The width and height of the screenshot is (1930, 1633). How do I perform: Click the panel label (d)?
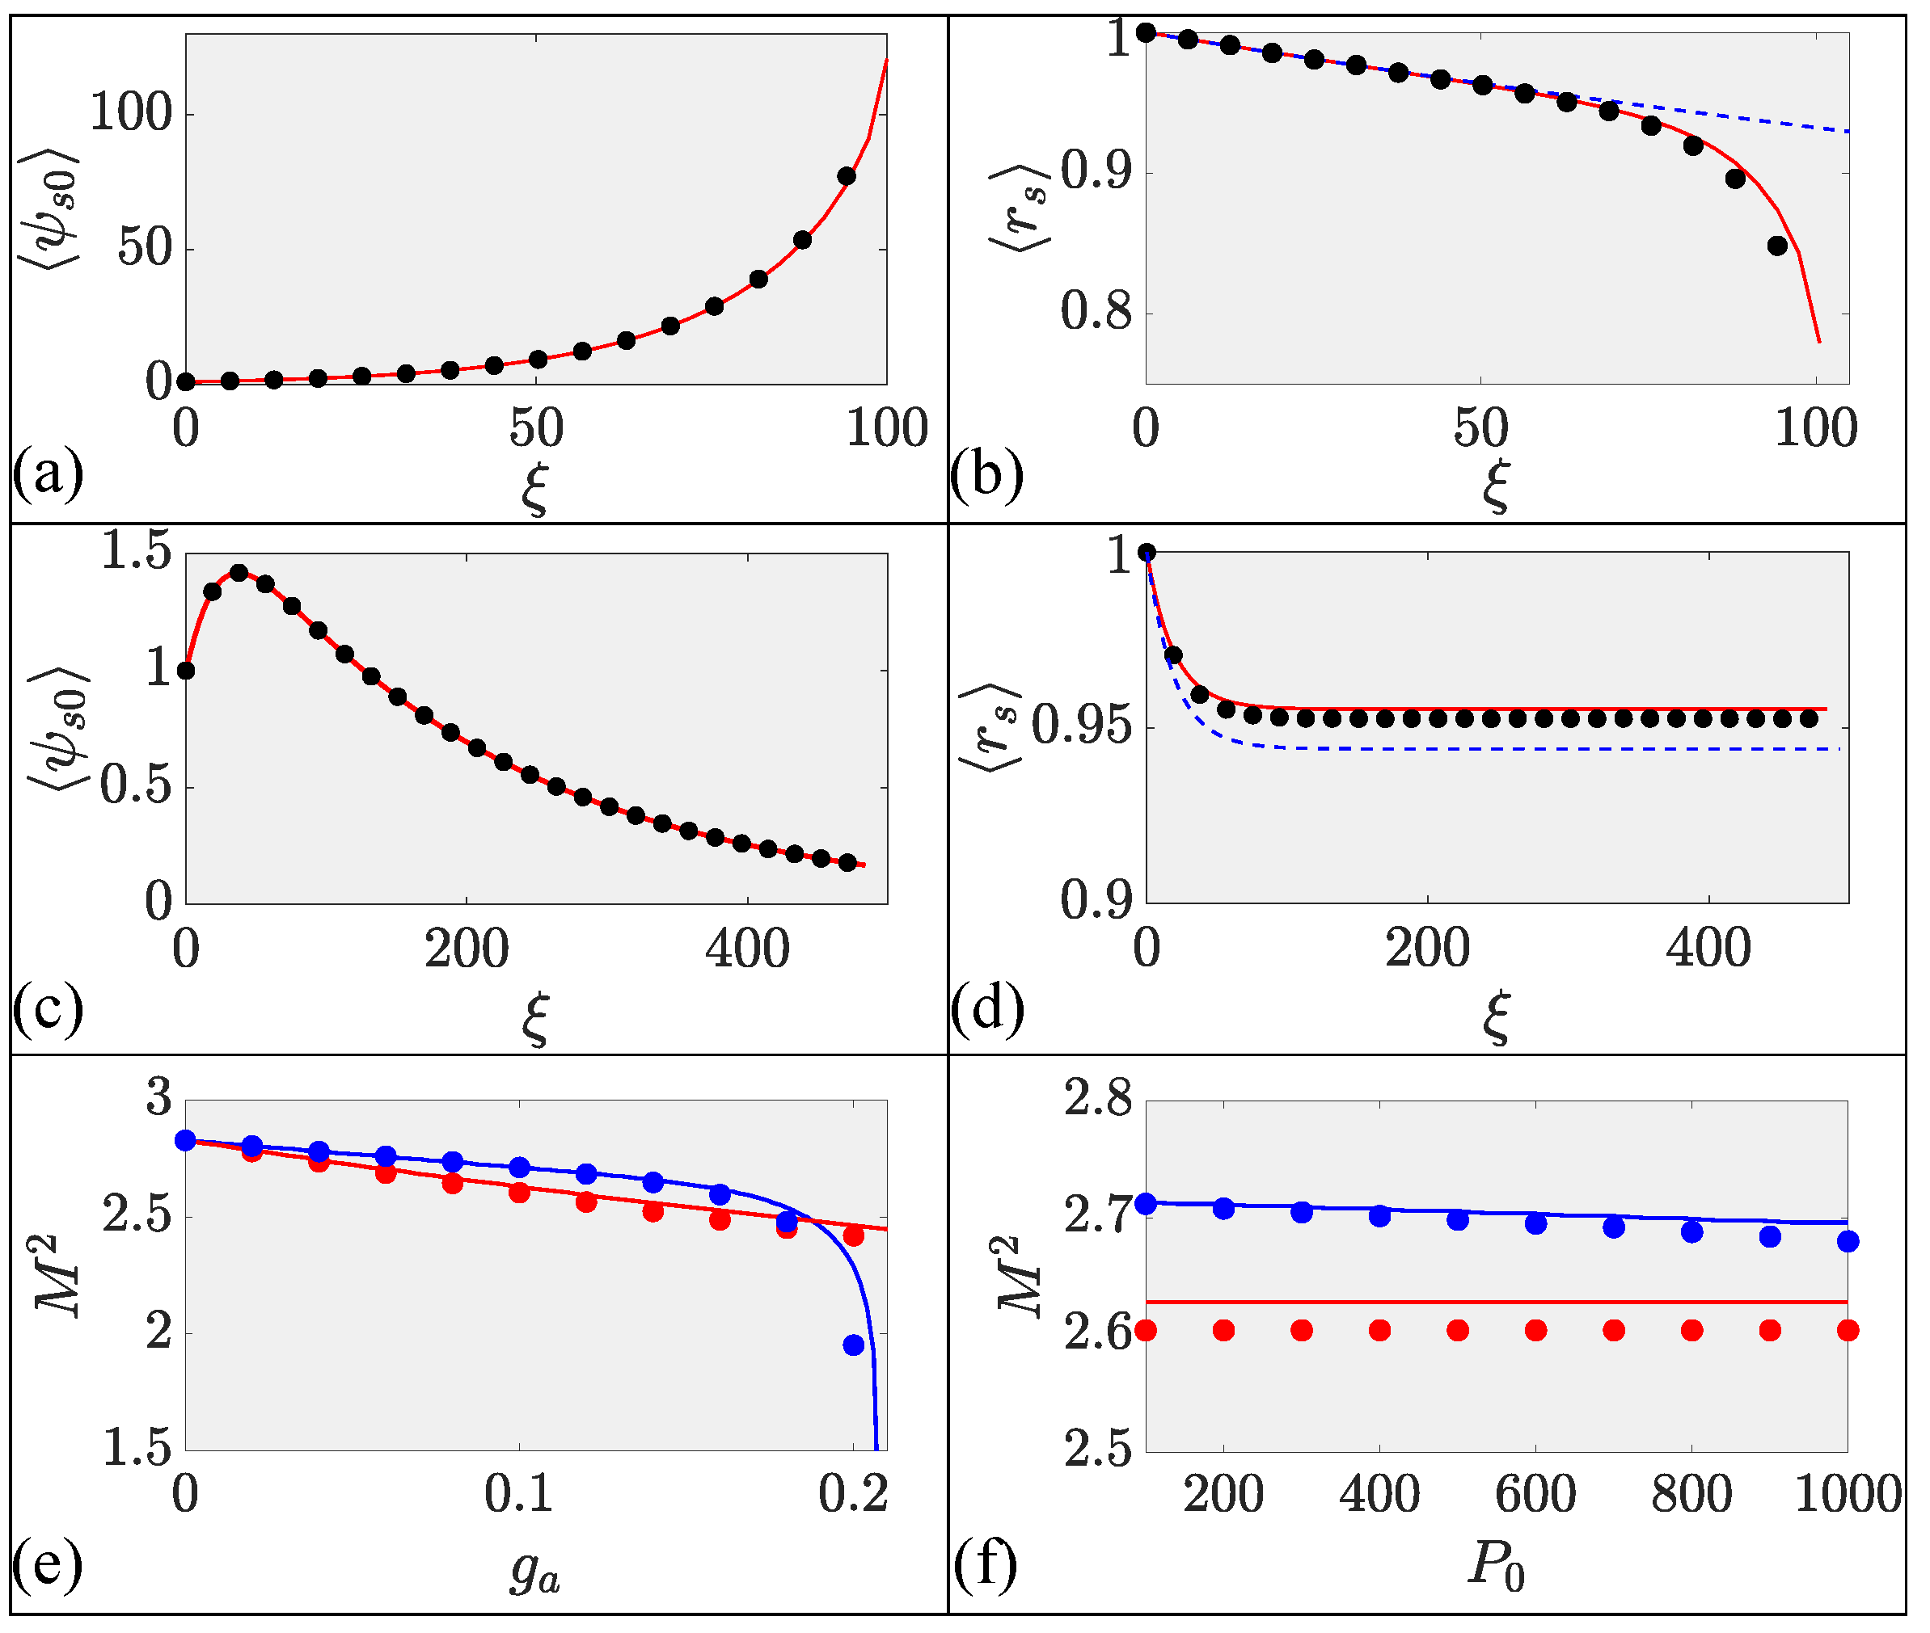pyautogui.click(x=987, y=1008)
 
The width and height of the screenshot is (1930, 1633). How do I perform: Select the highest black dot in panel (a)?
pyautogui.click(x=846, y=176)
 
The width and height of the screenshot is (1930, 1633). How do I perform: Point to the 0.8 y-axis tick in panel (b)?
pyautogui.click(x=1096, y=312)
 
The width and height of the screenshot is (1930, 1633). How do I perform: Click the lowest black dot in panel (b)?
pyautogui.click(x=1776, y=246)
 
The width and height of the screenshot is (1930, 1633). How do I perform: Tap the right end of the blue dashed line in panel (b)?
pyautogui.click(x=1848, y=132)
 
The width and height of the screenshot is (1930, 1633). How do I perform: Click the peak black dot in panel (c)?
pyautogui.click(x=239, y=573)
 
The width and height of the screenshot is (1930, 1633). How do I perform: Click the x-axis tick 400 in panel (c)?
pyautogui.click(x=746, y=949)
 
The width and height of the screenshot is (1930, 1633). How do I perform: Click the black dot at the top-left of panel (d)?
pyautogui.click(x=1147, y=553)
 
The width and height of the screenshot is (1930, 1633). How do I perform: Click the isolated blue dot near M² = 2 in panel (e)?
pyautogui.click(x=853, y=1345)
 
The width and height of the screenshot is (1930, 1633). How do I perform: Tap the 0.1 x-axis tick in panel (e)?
pyautogui.click(x=518, y=1494)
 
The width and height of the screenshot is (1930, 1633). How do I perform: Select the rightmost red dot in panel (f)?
pyautogui.click(x=1847, y=1330)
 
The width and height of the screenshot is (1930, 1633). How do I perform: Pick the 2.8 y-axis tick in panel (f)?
pyautogui.click(x=1097, y=1100)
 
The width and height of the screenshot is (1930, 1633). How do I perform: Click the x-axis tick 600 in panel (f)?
pyautogui.click(x=1535, y=1494)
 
